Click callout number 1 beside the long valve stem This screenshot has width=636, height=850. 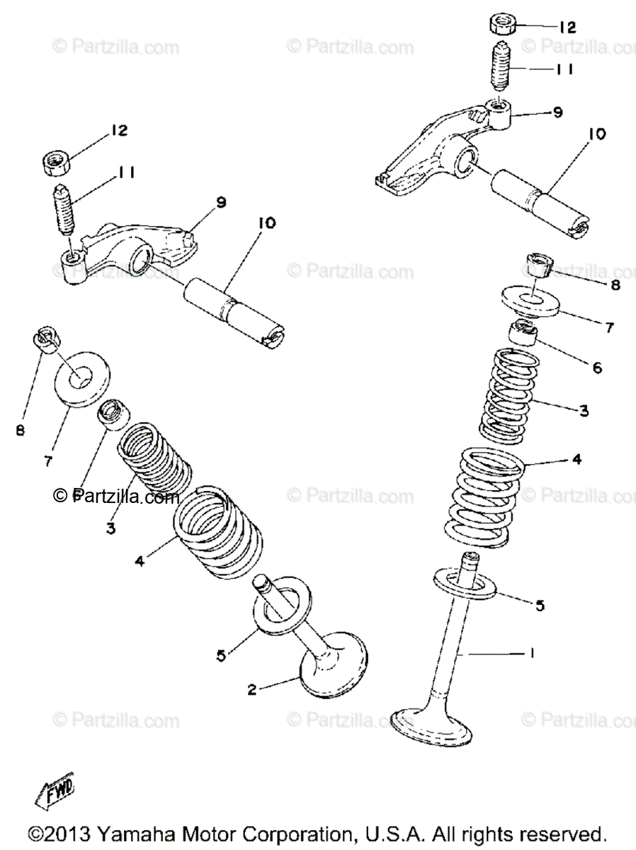point(532,653)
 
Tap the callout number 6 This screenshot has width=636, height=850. point(596,368)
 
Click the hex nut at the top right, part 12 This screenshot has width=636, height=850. point(503,25)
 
